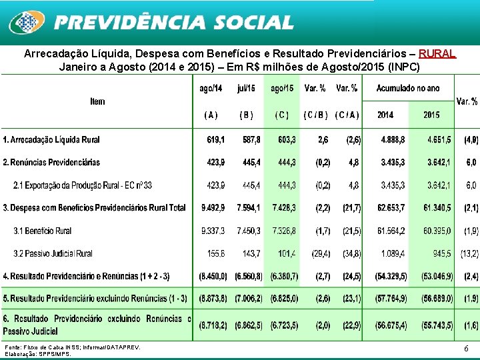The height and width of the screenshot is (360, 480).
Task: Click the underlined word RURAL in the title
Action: pyautogui.click(x=438, y=53)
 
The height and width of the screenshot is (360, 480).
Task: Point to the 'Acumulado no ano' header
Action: pyautogui.click(x=408, y=89)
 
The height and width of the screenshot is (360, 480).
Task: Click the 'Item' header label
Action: pyautogui.click(x=97, y=101)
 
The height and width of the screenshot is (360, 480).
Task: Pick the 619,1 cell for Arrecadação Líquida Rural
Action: pyautogui.click(x=215, y=139)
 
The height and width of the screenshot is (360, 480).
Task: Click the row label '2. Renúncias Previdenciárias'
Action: pyautogui.click(x=51, y=162)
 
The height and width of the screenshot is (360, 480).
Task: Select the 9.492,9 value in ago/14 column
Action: pyautogui.click(x=213, y=208)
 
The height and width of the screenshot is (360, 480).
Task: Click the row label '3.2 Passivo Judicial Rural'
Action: pyautogui.click(x=53, y=253)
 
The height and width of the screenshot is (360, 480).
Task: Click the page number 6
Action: pyautogui.click(x=466, y=349)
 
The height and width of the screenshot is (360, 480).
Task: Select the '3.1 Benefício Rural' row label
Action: pyautogui.click(x=43, y=231)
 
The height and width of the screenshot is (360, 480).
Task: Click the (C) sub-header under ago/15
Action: pyautogui.click(x=282, y=115)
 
